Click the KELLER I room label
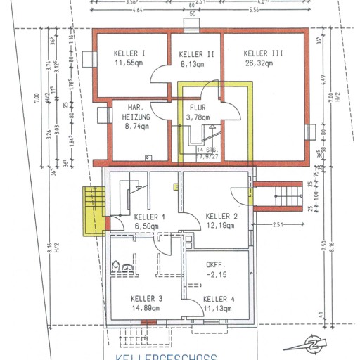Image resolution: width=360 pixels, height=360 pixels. coord(129,53)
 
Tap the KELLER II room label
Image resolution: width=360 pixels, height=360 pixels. coord(196,54)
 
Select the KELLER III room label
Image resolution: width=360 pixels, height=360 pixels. coord(264,53)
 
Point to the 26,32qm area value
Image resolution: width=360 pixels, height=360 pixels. coord(264,63)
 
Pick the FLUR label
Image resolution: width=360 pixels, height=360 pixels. coord(198,108)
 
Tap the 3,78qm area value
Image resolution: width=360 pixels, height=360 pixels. coord(198,117)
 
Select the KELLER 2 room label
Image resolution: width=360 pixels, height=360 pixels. coord(221,215)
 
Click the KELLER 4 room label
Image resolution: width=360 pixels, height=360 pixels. coord(217,299)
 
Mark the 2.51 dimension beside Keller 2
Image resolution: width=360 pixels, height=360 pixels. coord(280,225)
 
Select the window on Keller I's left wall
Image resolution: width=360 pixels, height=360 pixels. coord(89,58)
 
